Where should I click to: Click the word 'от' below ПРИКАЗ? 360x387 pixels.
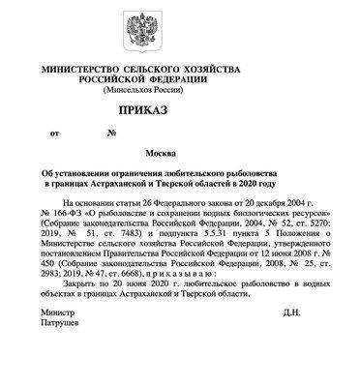point(54,133)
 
